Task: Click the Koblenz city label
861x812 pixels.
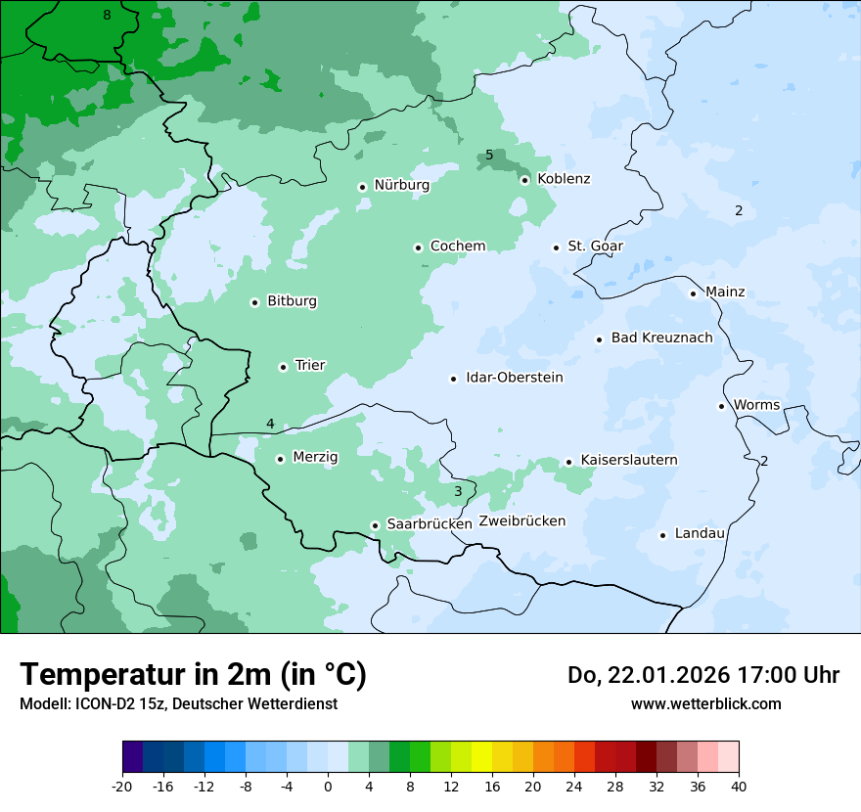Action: tap(564, 179)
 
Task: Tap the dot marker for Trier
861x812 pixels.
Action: tap(283, 367)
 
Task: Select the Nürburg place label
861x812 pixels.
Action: tap(401, 185)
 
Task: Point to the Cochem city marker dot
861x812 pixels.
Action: tap(418, 248)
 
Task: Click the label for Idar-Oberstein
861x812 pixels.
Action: tap(514, 378)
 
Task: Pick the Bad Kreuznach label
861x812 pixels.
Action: tap(661, 338)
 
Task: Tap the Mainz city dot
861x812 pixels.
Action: tap(693, 293)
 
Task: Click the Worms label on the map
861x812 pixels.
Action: tap(756, 405)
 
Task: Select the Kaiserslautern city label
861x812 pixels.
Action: tap(628, 460)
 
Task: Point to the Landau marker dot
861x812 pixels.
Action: tap(662, 535)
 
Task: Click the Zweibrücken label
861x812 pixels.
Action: tap(521, 521)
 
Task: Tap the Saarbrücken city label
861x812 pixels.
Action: tap(429, 524)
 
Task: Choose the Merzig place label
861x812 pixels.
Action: tap(315, 457)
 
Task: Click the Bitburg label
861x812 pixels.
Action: tap(292, 301)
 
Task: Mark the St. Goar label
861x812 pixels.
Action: tap(595, 247)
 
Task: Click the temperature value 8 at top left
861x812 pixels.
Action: tap(107, 15)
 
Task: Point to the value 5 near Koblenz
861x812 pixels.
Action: tap(489, 156)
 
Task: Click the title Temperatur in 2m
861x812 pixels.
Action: tap(193, 674)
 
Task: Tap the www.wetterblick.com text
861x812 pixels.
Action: tap(705, 703)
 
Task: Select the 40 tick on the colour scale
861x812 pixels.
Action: tap(738, 786)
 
